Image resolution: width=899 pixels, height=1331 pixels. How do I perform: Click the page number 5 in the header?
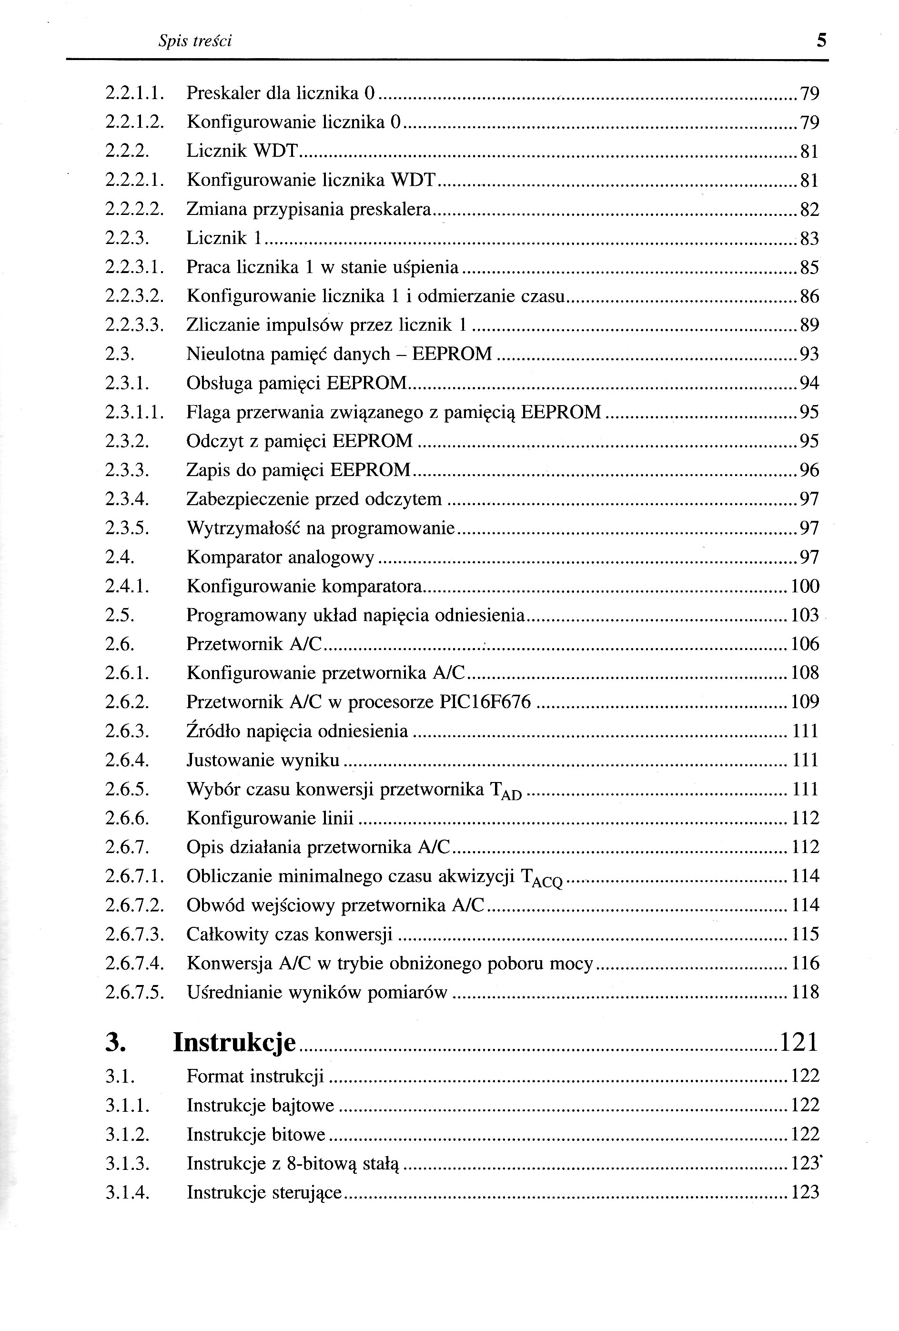click(x=822, y=41)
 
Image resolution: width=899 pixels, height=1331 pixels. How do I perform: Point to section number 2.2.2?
click(x=127, y=151)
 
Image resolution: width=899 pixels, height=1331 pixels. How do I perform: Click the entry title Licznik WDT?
click(x=243, y=151)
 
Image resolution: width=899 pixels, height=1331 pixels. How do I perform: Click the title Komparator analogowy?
click(x=281, y=557)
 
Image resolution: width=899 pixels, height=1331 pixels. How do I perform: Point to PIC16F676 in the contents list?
click(x=485, y=702)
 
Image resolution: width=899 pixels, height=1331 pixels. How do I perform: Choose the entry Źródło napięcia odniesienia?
click(x=297, y=732)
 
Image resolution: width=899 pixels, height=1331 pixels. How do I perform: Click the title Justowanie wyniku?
click(x=263, y=761)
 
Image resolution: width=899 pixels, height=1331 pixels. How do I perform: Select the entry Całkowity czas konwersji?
click(x=290, y=935)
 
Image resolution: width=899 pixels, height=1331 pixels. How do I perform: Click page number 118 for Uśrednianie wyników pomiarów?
click(x=805, y=993)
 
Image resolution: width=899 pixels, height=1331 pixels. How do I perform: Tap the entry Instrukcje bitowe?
click(x=256, y=1135)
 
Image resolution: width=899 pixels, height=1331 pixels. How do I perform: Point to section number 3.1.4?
click(x=127, y=1193)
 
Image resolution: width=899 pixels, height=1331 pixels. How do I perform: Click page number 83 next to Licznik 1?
click(x=809, y=238)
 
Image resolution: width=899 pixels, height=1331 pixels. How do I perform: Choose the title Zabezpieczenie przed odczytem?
click(x=314, y=499)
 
